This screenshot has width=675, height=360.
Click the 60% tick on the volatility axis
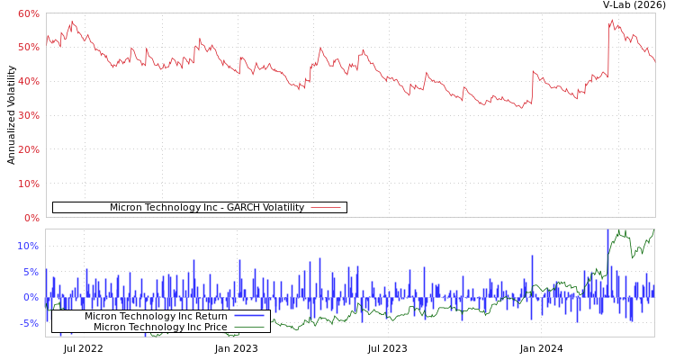pos(28,13)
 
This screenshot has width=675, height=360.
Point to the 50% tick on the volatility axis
pos(28,47)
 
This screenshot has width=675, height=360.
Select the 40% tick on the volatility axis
pos(28,81)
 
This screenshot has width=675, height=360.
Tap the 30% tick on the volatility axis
pos(28,115)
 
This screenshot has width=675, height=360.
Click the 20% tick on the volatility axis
pos(28,149)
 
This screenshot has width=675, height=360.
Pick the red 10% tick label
pos(28,184)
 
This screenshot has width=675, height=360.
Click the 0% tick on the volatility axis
pos(31,218)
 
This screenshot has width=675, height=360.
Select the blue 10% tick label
pos(28,246)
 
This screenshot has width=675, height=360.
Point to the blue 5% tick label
pos(31,272)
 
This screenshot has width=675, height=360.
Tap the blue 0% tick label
pos(31,297)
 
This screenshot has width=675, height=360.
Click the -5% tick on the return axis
pos(29,323)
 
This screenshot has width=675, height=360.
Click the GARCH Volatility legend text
pos(206,208)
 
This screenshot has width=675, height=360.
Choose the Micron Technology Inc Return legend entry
pos(156,316)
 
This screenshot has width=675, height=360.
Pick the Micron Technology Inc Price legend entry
pos(160,327)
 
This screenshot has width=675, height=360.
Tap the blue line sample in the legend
pos(248,316)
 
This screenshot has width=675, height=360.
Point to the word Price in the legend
pos(213,327)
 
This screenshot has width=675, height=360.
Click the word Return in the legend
pos(211,316)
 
